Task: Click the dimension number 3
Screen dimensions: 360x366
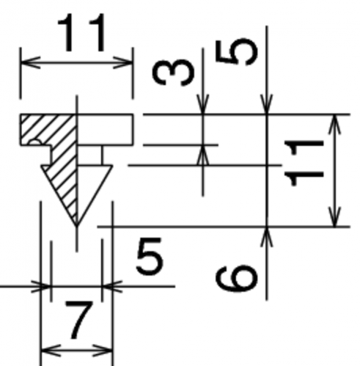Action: pyautogui.click(x=173, y=73)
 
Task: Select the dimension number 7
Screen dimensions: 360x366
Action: pyautogui.click(x=78, y=321)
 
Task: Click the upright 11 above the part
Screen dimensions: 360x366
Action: pyautogui.click(x=82, y=32)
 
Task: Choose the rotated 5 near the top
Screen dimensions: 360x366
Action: pyautogui.click(x=236, y=52)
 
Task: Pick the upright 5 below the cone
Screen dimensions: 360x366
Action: pyautogui.click(x=150, y=256)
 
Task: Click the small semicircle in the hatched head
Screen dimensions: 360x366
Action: pyautogui.click(x=35, y=143)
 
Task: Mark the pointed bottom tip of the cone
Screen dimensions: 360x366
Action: pyautogui.click(x=77, y=225)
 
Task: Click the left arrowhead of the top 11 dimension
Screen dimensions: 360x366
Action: pyautogui.click(x=31, y=63)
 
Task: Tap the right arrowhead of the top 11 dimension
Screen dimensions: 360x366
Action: pyautogui.click(x=123, y=63)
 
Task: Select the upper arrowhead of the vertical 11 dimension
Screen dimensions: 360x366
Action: pyautogui.click(x=335, y=124)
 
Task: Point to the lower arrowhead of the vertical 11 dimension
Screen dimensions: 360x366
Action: pyautogui.click(x=335, y=217)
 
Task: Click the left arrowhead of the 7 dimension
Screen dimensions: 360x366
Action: pyautogui.click(x=51, y=351)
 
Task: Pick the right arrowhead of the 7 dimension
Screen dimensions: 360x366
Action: pyautogui.click(x=103, y=351)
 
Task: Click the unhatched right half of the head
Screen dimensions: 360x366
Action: pyautogui.click(x=105, y=130)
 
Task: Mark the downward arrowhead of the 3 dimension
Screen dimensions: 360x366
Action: pyautogui.click(x=203, y=104)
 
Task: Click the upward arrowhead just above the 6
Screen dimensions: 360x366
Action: pyautogui.click(x=267, y=237)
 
